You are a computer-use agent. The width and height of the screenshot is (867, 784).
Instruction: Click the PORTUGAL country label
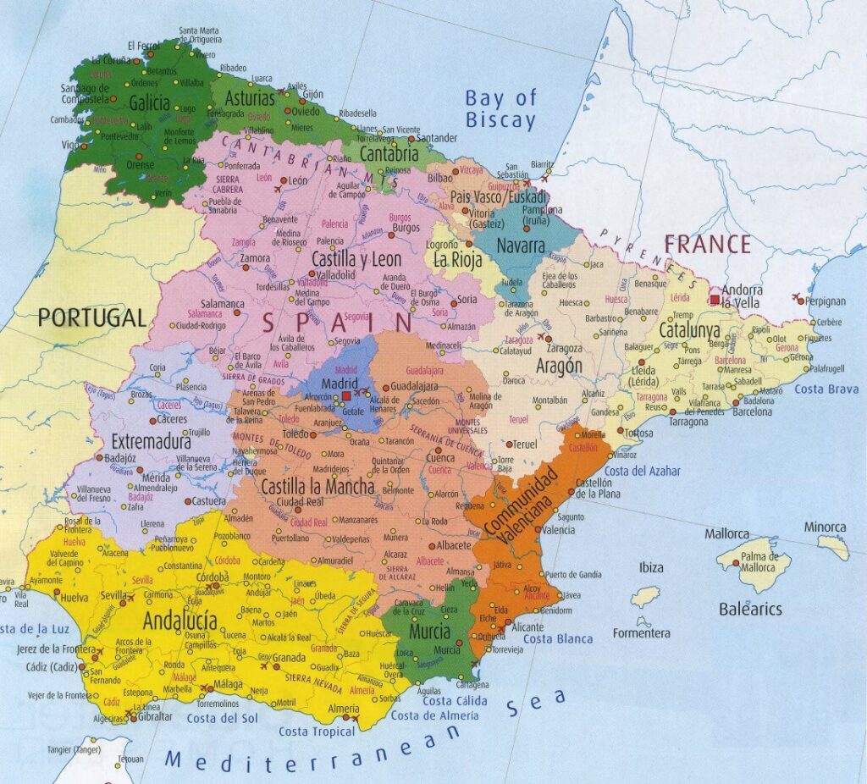coord(91,318)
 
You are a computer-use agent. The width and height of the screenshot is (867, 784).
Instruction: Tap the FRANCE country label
coord(707,245)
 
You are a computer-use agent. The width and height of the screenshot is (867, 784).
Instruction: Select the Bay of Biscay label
coord(500,109)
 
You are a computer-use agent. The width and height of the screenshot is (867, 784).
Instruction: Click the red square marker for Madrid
coord(346,395)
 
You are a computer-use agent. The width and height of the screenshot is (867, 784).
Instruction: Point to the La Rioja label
coord(457,258)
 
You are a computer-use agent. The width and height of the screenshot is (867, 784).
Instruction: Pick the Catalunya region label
coord(689,331)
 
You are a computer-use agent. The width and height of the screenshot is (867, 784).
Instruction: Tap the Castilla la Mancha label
coord(318,487)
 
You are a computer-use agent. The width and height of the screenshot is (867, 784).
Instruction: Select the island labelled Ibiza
coord(650,567)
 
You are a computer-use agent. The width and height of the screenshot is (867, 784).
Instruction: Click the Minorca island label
coord(825,527)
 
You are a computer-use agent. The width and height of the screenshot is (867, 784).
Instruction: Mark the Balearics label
coord(750,609)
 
